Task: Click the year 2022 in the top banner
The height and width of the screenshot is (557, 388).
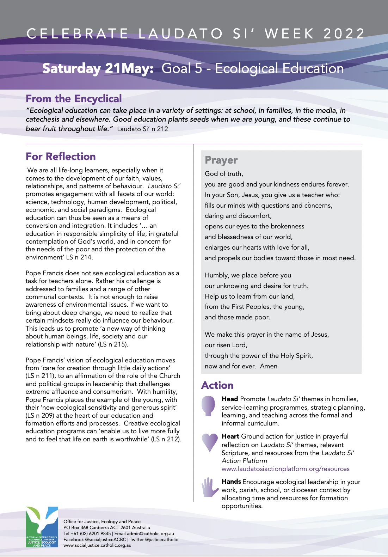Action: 344,34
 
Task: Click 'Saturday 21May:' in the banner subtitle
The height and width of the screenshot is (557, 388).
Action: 98,68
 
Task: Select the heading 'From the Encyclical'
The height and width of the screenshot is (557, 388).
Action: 74,99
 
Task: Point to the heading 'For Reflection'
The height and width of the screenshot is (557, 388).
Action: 61,157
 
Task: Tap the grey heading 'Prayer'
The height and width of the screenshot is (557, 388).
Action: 221,160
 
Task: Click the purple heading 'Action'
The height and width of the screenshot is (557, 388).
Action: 217,385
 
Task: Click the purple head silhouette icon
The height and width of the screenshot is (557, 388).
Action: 208,405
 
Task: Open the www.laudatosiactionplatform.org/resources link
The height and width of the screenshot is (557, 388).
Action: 285,469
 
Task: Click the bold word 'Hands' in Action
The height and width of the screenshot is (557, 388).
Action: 231,482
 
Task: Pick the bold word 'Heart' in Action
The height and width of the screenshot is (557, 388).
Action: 230,436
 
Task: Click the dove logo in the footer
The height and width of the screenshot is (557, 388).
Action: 42,527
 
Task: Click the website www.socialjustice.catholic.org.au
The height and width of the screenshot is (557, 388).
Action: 97,545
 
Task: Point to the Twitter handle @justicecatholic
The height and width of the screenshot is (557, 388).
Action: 161,539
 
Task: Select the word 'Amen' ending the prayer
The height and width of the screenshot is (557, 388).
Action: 269,366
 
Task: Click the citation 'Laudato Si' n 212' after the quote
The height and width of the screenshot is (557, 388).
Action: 142,129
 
